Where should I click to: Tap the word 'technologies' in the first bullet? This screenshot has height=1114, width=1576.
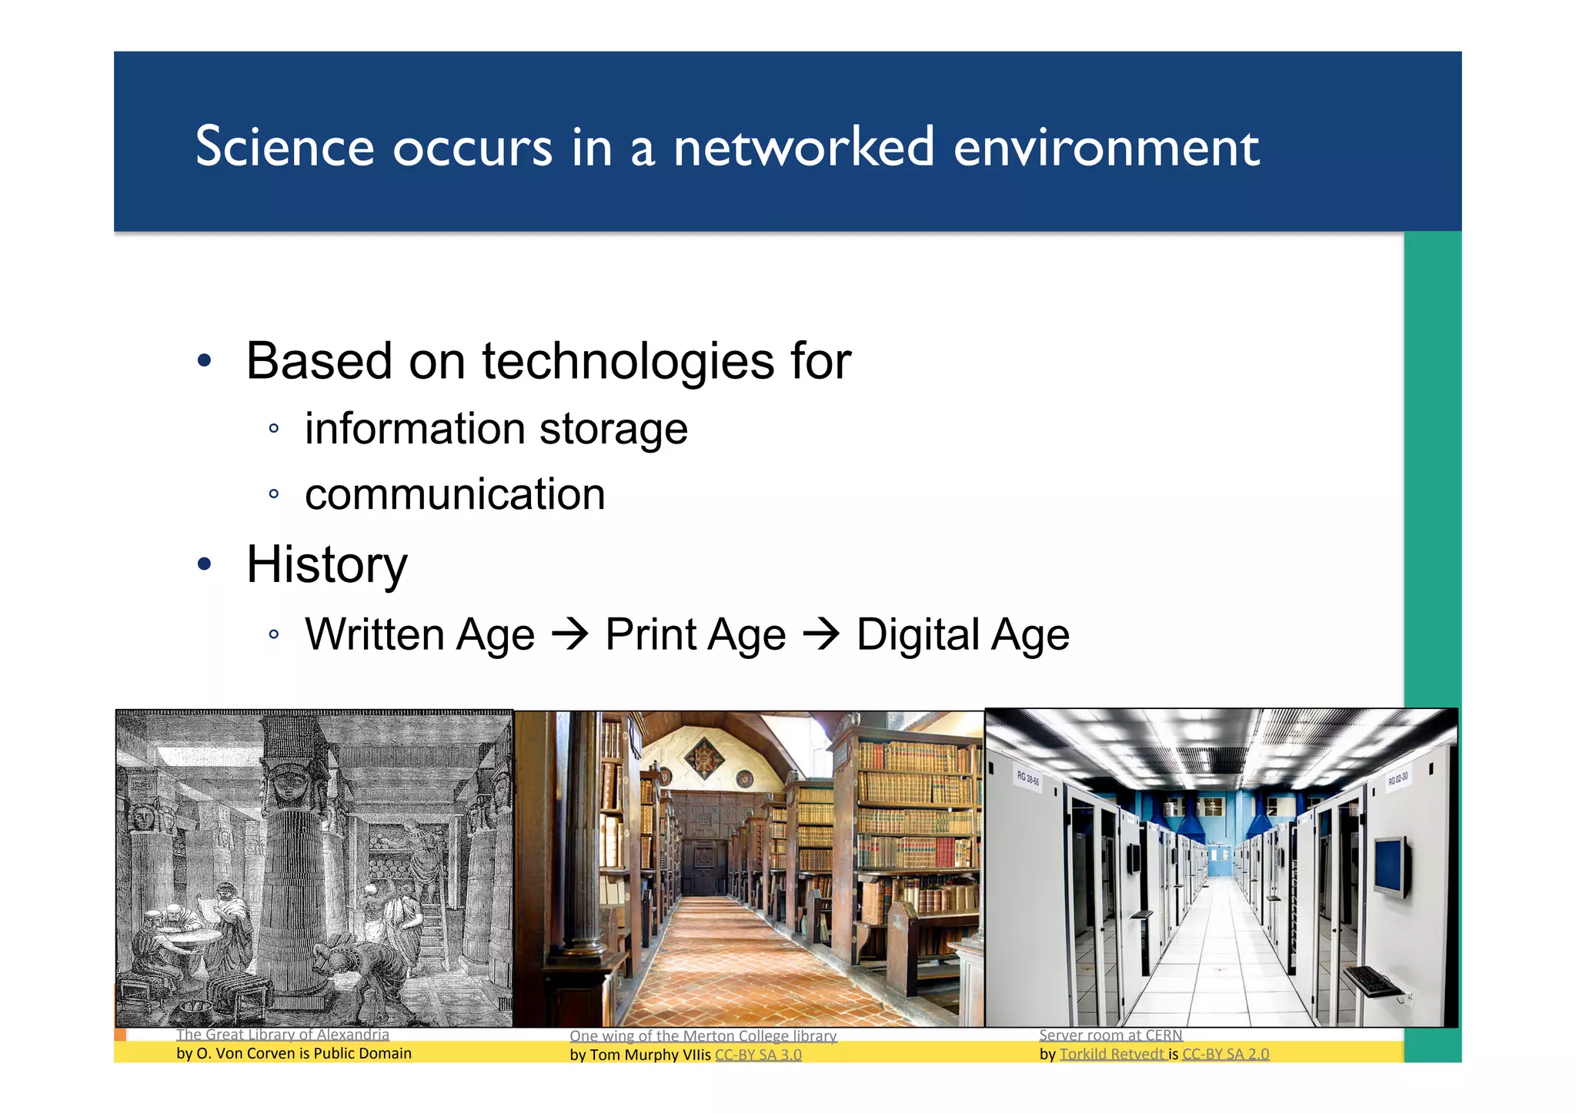[627, 362]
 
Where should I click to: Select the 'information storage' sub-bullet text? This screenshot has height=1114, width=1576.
[496, 429]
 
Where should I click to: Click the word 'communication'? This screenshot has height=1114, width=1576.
[455, 494]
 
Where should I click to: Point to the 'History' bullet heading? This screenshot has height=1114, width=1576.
[326, 564]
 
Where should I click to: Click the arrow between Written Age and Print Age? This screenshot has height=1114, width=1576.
[570, 635]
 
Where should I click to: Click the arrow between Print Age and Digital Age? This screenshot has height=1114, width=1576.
[821, 635]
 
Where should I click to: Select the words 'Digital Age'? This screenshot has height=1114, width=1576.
[963, 635]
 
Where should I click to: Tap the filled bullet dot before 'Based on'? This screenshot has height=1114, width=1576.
[204, 361]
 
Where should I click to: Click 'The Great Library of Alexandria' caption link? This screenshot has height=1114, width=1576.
[282, 1035]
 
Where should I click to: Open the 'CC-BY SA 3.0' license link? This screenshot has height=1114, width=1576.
[758, 1055]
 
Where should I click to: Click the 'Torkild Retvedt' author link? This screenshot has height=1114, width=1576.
[1112, 1054]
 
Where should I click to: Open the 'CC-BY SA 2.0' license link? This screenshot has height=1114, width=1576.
[1225, 1054]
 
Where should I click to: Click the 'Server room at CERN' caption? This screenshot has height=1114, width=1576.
[1110, 1035]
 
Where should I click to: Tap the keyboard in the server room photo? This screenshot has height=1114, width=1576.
[1374, 981]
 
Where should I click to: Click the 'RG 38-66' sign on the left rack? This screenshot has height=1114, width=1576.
[1027, 778]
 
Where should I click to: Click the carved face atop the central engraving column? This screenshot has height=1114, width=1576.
[290, 784]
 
